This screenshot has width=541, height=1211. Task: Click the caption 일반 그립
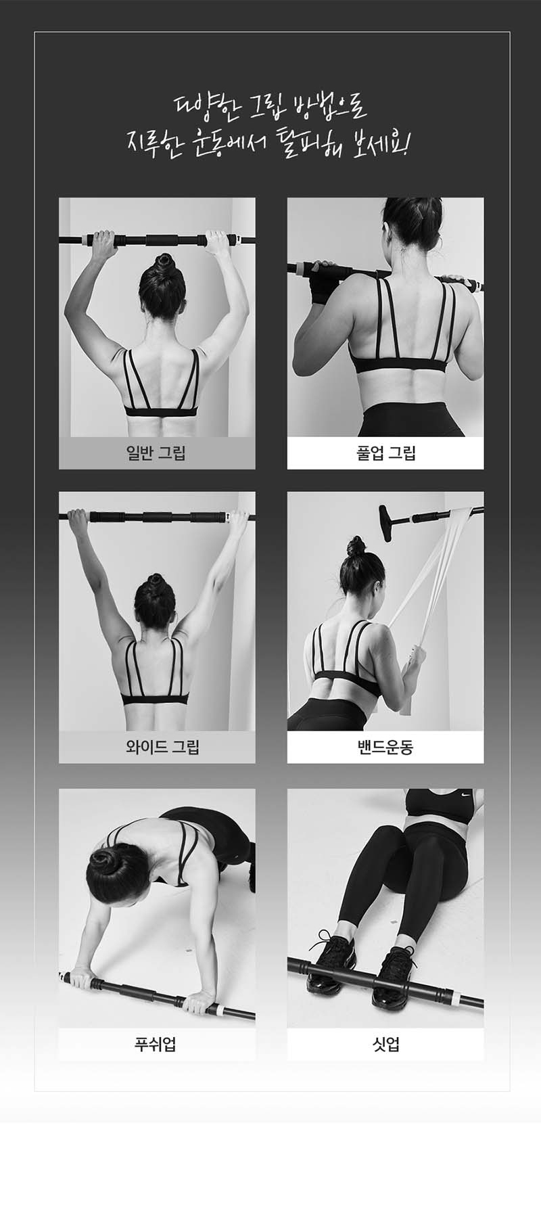[x=156, y=453]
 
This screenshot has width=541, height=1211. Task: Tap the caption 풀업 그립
[x=385, y=453]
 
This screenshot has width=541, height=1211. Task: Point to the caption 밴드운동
[x=385, y=747]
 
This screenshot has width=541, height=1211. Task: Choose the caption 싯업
[x=385, y=1044]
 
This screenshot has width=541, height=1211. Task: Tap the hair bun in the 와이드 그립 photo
[x=156, y=580]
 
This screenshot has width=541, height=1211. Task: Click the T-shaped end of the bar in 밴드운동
[x=388, y=522]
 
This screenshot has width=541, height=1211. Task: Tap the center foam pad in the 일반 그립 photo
[x=160, y=239]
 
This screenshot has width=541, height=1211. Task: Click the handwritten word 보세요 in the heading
[x=375, y=143]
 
